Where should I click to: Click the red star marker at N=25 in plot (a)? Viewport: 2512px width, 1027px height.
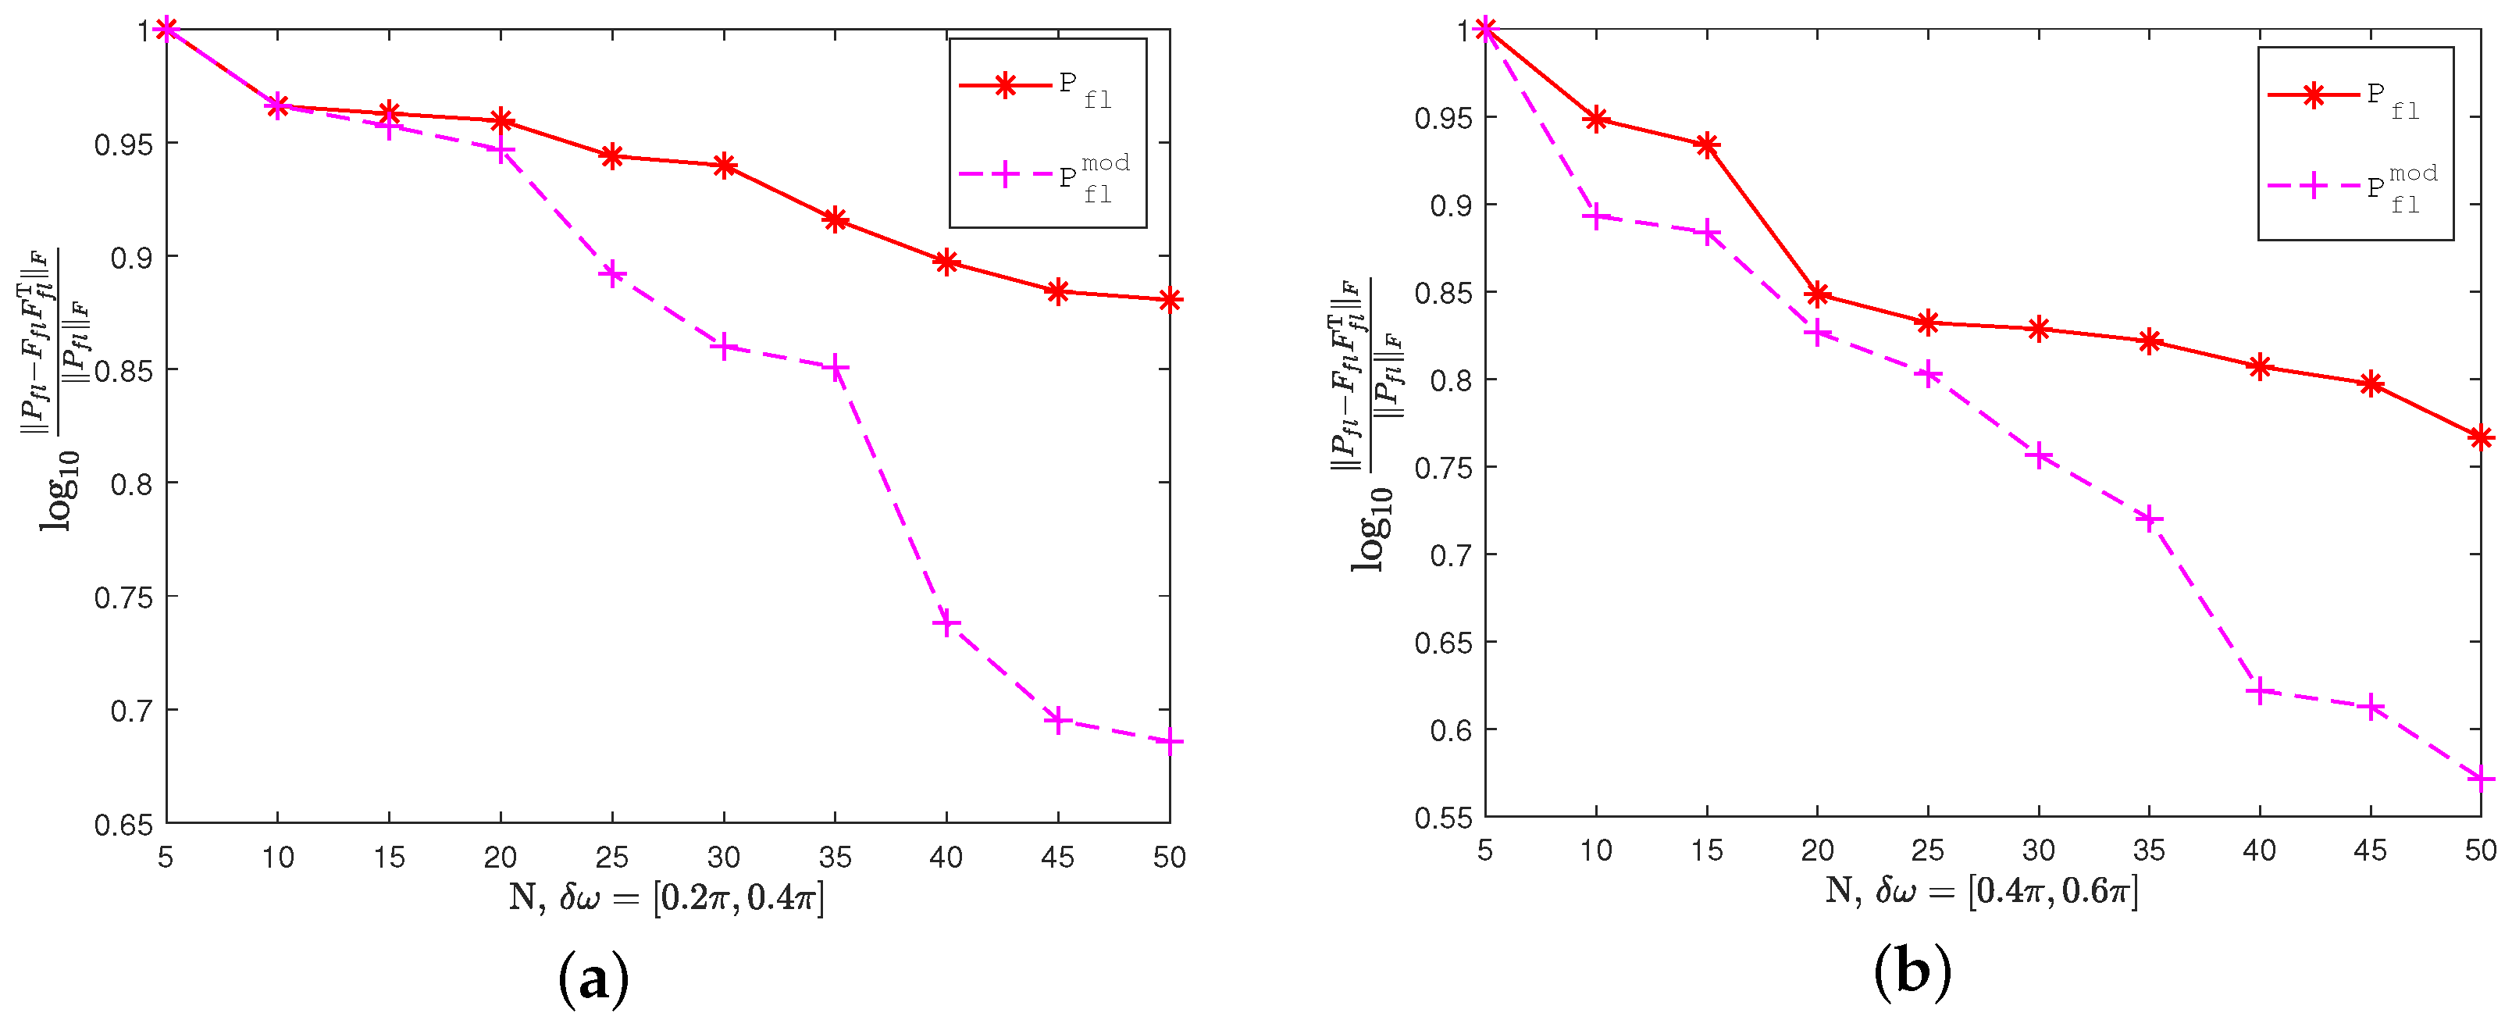click(x=611, y=156)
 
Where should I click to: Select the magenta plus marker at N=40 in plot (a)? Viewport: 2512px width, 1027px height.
click(x=946, y=622)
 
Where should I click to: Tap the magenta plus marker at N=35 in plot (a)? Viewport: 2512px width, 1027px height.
click(x=835, y=368)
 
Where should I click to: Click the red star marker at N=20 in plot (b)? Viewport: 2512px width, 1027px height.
click(x=1817, y=294)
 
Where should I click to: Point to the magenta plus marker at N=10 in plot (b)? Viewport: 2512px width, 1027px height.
click(x=1595, y=217)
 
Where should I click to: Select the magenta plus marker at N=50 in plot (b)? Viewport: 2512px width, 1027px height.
click(x=2480, y=779)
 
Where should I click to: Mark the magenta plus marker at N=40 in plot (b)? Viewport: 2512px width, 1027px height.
click(x=2260, y=691)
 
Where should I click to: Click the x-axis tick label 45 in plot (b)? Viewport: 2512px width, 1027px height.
click(x=2370, y=850)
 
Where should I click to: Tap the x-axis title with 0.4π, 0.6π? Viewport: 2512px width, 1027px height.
click(x=1982, y=890)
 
